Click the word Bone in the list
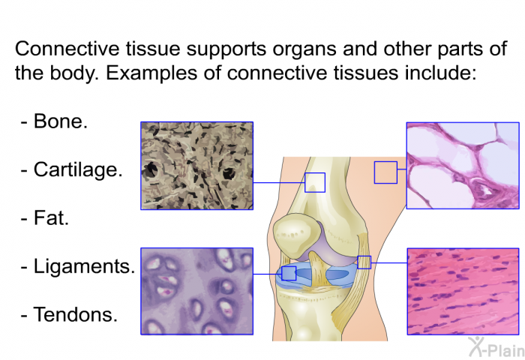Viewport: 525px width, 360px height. click(x=60, y=121)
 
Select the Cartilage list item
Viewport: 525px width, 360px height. click(x=78, y=169)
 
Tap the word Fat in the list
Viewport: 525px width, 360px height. click(x=51, y=218)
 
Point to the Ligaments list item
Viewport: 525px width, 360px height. click(x=84, y=267)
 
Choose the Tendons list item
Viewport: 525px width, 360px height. click(x=75, y=315)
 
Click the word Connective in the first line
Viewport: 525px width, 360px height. click(x=67, y=49)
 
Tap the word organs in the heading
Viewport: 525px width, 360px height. click(x=304, y=49)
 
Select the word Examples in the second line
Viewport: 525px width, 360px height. click(x=151, y=73)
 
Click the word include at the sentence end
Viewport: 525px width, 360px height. click(x=440, y=73)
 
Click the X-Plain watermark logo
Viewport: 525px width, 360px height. click(x=496, y=347)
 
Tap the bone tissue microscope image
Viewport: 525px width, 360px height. click(x=196, y=166)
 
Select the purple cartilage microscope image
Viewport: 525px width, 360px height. click(x=196, y=291)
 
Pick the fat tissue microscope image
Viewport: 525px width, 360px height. click(x=463, y=166)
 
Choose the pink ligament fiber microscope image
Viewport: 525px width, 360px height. click(x=463, y=291)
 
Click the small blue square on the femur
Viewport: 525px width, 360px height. click(x=315, y=182)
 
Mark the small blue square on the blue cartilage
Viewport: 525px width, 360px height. click(x=289, y=273)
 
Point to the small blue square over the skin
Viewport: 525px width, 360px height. click(x=385, y=172)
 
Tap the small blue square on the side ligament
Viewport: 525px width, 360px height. click(x=364, y=262)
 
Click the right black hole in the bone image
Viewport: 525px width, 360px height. click(x=229, y=173)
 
